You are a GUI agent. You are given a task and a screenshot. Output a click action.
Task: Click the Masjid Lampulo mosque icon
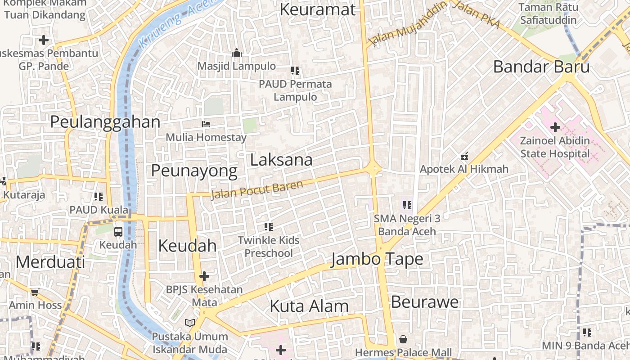coord(237,53)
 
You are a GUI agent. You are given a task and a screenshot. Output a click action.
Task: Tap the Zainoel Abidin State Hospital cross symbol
coord(555,127)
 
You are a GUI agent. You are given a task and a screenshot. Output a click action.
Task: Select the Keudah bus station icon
coord(118,232)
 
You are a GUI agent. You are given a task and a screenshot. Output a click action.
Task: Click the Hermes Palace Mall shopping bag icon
coord(403,339)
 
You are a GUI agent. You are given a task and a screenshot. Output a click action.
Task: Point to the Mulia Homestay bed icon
coord(206,124)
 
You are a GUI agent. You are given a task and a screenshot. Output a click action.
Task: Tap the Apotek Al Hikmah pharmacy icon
coord(464,157)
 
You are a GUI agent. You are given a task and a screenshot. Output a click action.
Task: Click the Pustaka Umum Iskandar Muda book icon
coord(190,323)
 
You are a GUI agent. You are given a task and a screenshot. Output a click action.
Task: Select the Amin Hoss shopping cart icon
coord(35,292)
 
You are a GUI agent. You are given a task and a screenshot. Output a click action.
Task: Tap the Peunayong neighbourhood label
coord(194,171)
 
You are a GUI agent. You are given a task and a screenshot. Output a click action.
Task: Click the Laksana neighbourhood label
coord(281,160)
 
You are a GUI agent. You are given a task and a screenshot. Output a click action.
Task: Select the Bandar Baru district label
coord(541,67)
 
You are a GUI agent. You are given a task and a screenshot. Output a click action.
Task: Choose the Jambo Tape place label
coord(377,259)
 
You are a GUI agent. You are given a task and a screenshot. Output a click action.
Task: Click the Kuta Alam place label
coord(309,306)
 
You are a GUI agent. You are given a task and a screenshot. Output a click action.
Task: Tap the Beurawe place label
coord(424,301)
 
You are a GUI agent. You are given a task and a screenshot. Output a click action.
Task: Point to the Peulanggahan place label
coord(105,122)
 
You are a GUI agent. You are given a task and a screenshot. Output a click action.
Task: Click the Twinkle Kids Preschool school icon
coord(269,226)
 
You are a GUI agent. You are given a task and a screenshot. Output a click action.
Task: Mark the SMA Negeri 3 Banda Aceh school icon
coord(407,205)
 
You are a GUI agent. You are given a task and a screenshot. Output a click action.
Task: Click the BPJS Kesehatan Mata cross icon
coord(204,276)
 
